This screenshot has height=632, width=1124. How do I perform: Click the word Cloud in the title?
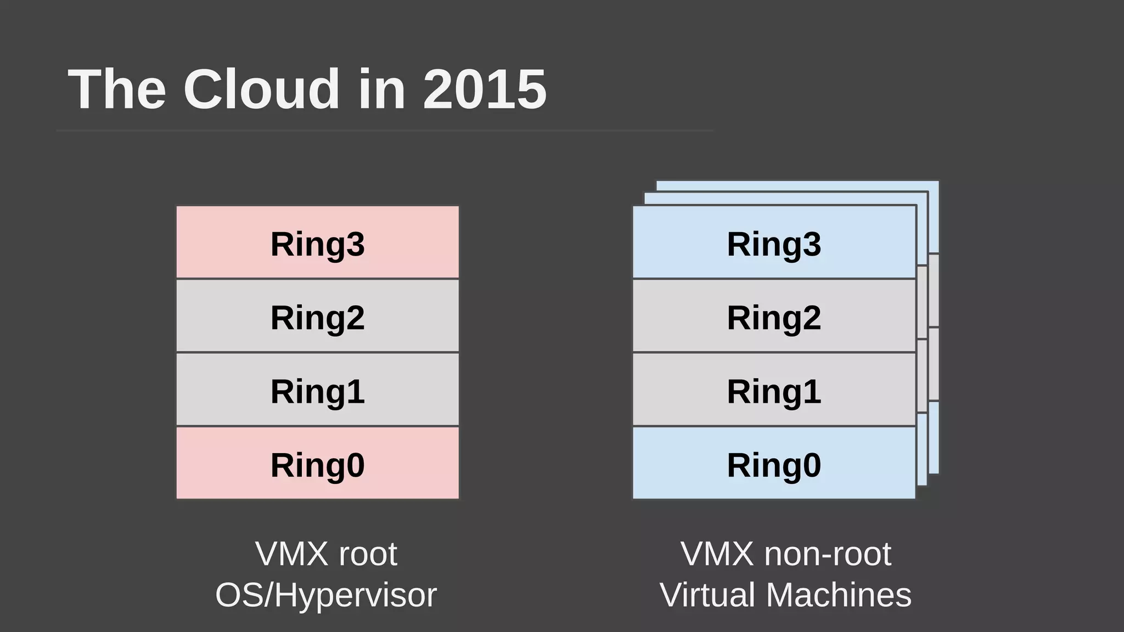(262, 89)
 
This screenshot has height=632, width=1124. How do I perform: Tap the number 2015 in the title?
(485, 89)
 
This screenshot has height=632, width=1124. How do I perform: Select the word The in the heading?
(117, 89)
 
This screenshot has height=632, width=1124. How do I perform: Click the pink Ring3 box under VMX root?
(317, 242)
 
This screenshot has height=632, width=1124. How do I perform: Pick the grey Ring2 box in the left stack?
(317, 316)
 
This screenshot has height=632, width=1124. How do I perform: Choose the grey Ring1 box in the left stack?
(317, 390)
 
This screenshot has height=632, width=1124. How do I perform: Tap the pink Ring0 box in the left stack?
(317, 464)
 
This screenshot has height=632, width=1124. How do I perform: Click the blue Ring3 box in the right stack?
(774, 242)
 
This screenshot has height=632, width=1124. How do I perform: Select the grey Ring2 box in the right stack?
(774, 316)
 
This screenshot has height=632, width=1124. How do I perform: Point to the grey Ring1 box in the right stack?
(774, 390)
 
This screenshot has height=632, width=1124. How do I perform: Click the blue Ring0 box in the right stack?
(774, 464)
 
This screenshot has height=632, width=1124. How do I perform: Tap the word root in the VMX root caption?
(367, 554)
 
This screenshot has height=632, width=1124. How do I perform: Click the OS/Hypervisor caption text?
(326, 595)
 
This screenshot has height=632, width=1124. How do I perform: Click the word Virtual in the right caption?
(707, 595)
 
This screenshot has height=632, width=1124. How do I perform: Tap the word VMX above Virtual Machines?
(717, 554)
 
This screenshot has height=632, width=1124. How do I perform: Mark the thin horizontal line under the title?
(384, 131)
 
